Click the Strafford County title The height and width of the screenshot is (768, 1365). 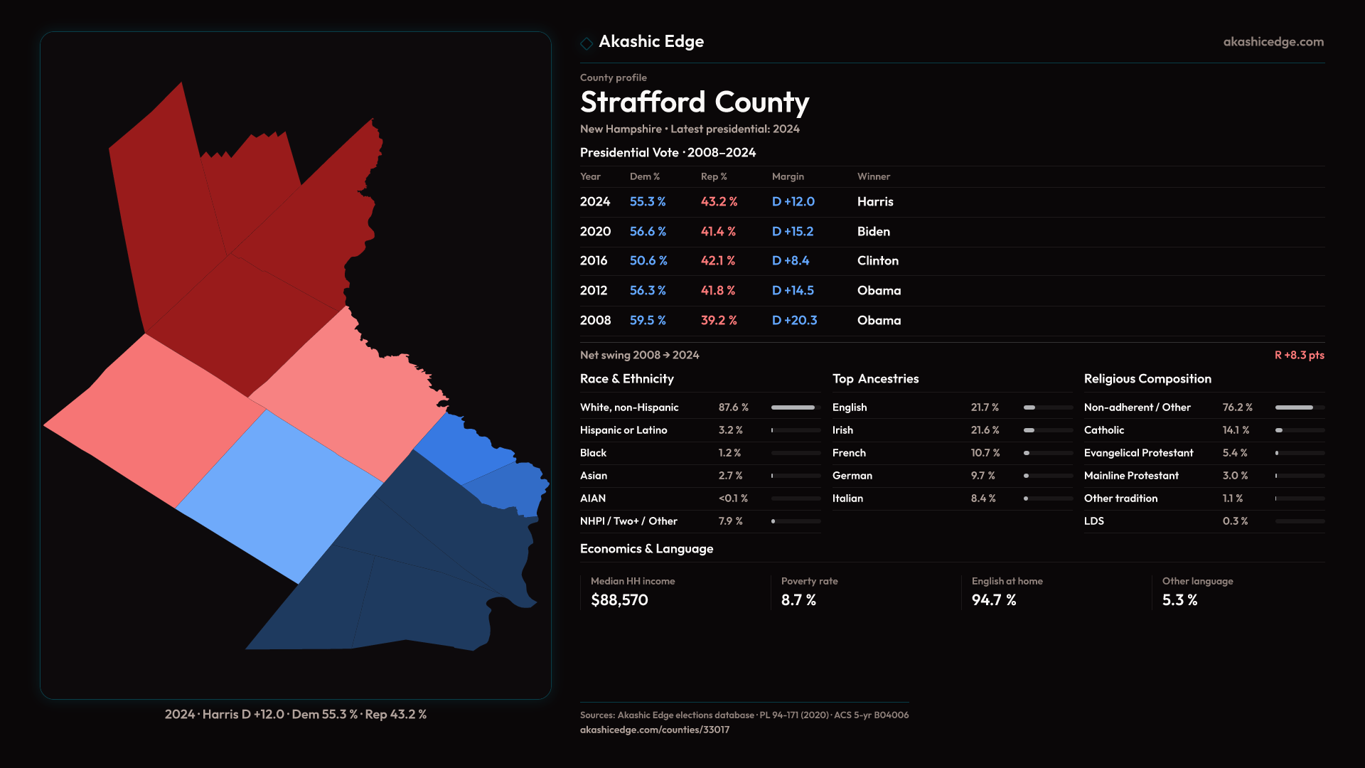coord(694,102)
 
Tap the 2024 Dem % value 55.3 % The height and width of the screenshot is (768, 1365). coord(647,202)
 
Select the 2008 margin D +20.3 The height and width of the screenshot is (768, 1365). coord(794,321)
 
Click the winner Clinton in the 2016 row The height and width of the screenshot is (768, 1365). coord(877,261)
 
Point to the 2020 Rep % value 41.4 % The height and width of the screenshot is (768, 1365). coord(718,232)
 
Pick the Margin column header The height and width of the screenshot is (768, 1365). coord(788,177)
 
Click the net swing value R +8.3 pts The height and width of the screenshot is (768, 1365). coord(1299,356)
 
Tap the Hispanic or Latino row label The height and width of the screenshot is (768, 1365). coord(623,430)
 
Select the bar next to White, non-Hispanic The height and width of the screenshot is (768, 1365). coord(796,407)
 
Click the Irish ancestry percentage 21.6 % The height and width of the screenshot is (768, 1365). coord(985,430)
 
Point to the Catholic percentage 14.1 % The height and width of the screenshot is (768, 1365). coord(1236,430)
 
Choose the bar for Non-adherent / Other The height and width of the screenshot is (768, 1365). coord(1299,407)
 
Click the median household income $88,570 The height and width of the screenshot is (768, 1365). coord(619,600)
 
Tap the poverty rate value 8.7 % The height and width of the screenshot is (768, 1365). coord(798,600)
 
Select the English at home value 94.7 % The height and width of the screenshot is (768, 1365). coord(993,600)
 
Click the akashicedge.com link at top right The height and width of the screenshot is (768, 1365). coord(1273,42)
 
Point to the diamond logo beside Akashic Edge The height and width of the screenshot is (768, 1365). coord(587,43)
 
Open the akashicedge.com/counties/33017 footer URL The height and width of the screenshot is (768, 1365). coord(654,730)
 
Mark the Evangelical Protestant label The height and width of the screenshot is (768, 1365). coord(1138,453)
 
